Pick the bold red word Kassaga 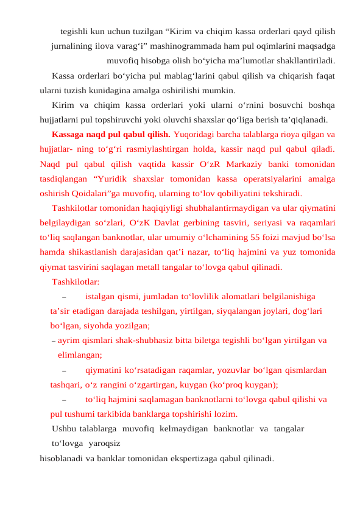(x=69, y=135)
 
